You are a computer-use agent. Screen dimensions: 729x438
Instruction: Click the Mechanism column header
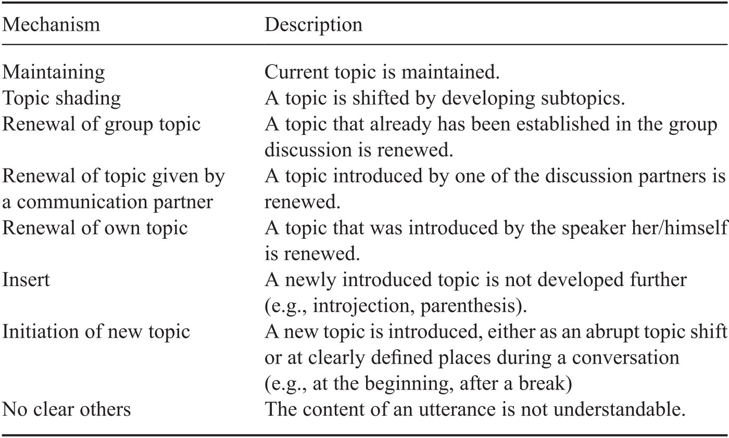pyautogui.click(x=51, y=25)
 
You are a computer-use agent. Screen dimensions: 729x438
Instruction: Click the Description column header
pyautogui.click(x=313, y=25)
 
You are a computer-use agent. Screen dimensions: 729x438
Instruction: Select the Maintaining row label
pyautogui.click(x=53, y=72)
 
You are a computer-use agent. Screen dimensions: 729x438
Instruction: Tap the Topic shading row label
pyautogui.click(x=61, y=98)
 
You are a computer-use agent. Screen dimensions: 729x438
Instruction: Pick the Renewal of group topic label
pyautogui.click(x=101, y=124)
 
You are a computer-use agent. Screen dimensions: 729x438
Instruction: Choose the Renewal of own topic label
pyautogui.click(x=95, y=228)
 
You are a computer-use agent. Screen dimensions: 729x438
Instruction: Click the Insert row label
pyautogui.click(x=26, y=280)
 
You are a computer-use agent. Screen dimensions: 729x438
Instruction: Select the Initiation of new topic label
pyautogui.click(x=96, y=332)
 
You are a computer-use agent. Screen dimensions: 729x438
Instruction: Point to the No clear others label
pyautogui.click(x=67, y=409)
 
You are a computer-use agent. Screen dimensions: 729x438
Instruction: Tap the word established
pyautogui.click(x=563, y=124)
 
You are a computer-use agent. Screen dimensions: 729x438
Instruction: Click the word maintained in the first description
pyautogui.click(x=450, y=72)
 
